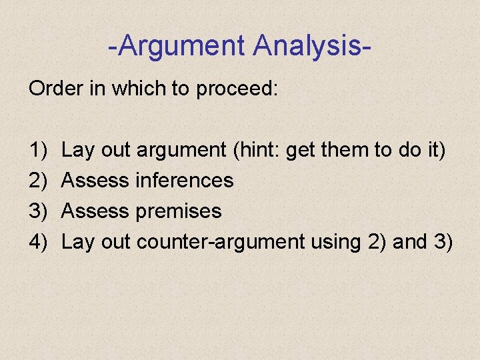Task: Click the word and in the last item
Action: click(x=408, y=242)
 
